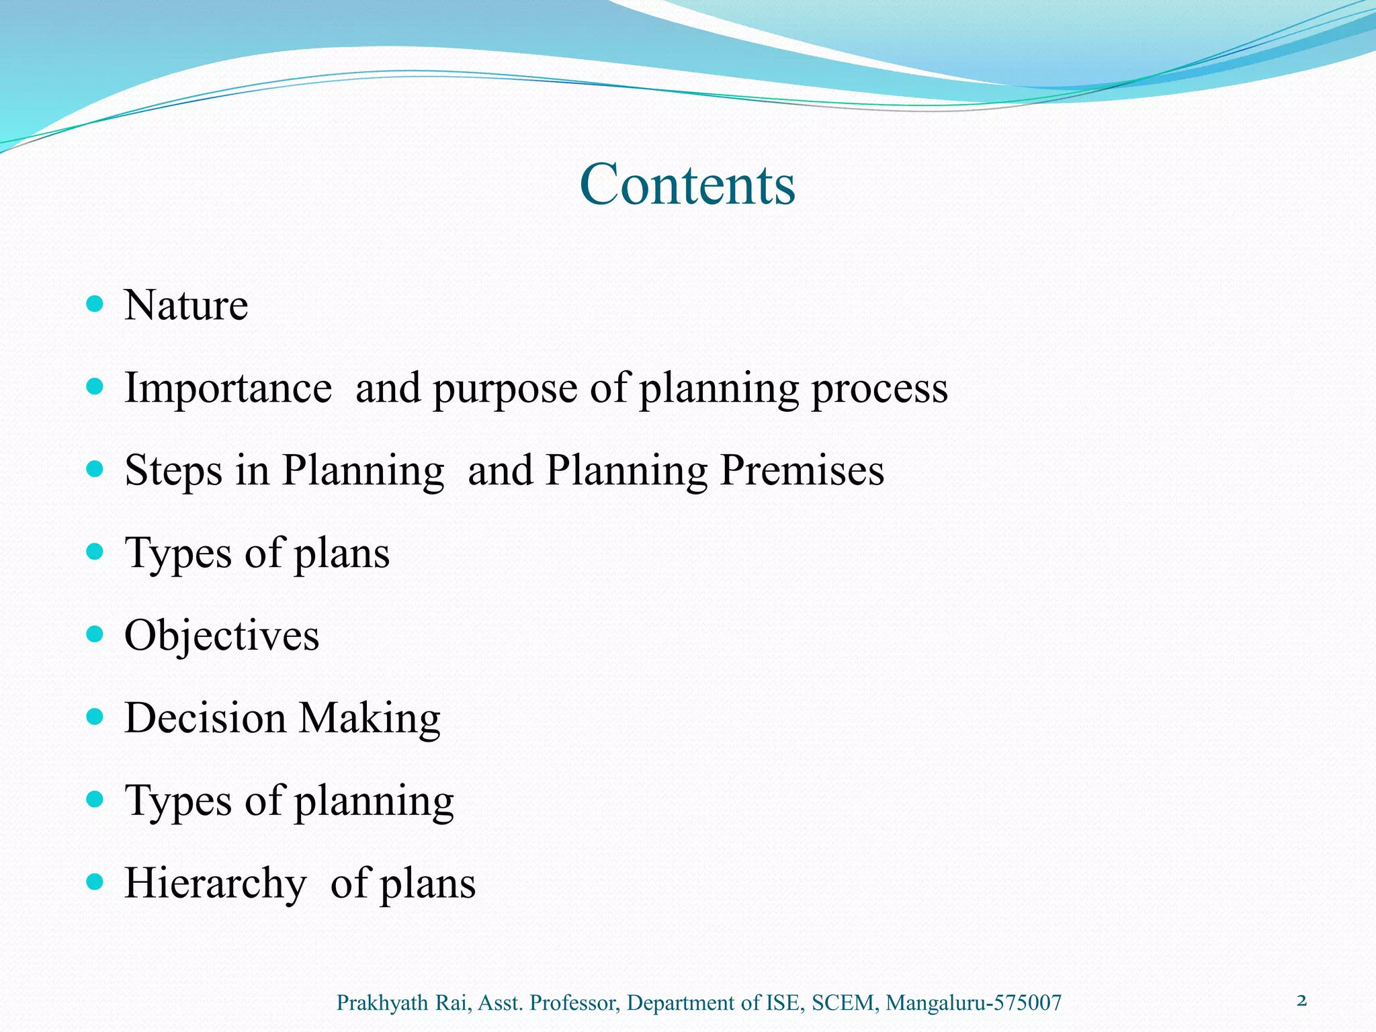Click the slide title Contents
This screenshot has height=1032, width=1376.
[687, 184]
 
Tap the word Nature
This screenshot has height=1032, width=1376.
[186, 306]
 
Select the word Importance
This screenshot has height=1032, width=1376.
[228, 388]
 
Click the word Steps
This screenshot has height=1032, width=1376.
[173, 471]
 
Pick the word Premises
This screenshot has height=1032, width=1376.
[802, 470]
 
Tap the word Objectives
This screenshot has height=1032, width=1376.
[222, 636]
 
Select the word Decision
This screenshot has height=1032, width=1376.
[205, 718]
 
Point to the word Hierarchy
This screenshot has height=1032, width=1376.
[216, 884]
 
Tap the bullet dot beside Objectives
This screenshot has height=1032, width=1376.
[95, 634]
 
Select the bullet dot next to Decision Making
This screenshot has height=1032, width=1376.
[95, 717]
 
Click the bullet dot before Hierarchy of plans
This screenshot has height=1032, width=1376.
[95, 881]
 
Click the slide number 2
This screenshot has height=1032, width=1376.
[1301, 1001]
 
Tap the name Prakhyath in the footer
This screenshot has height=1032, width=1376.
[382, 1003]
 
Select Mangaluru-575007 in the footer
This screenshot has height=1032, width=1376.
[974, 1003]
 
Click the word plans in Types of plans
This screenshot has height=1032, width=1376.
[342, 554]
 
